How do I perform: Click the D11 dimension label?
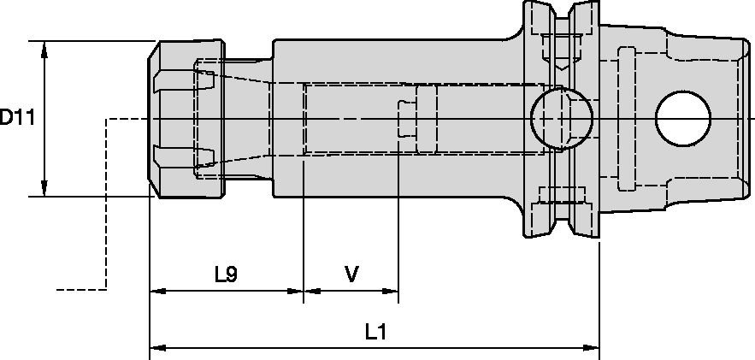pyautogui.click(x=16, y=118)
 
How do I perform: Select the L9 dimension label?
pyautogui.click(x=226, y=274)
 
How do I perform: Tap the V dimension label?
pyautogui.click(x=351, y=274)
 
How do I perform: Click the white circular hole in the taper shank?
pyautogui.click(x=684, y=117)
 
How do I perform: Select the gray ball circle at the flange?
pyautogui.click(x=560, y=118)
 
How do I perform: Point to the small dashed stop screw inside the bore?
pyautogui.click(x=407, y=119)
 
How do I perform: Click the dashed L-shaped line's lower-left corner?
pyautogui.click(x=106, y=289)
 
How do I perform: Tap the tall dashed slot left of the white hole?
pyautogui.click(x=626, y=119)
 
